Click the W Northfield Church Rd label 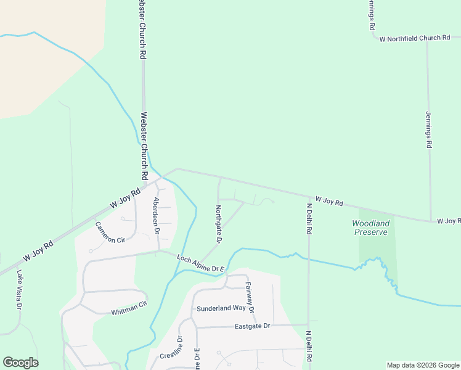tap(415, 38)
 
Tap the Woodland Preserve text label tap(370, 228)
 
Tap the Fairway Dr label tap(250, 297)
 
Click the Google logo tap(20, 363)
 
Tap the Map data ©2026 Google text tap(423, 365)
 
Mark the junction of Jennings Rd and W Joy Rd tap(430, 221)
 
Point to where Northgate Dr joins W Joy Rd tap(220, 178)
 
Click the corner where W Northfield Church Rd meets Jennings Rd tap(428, 39)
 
